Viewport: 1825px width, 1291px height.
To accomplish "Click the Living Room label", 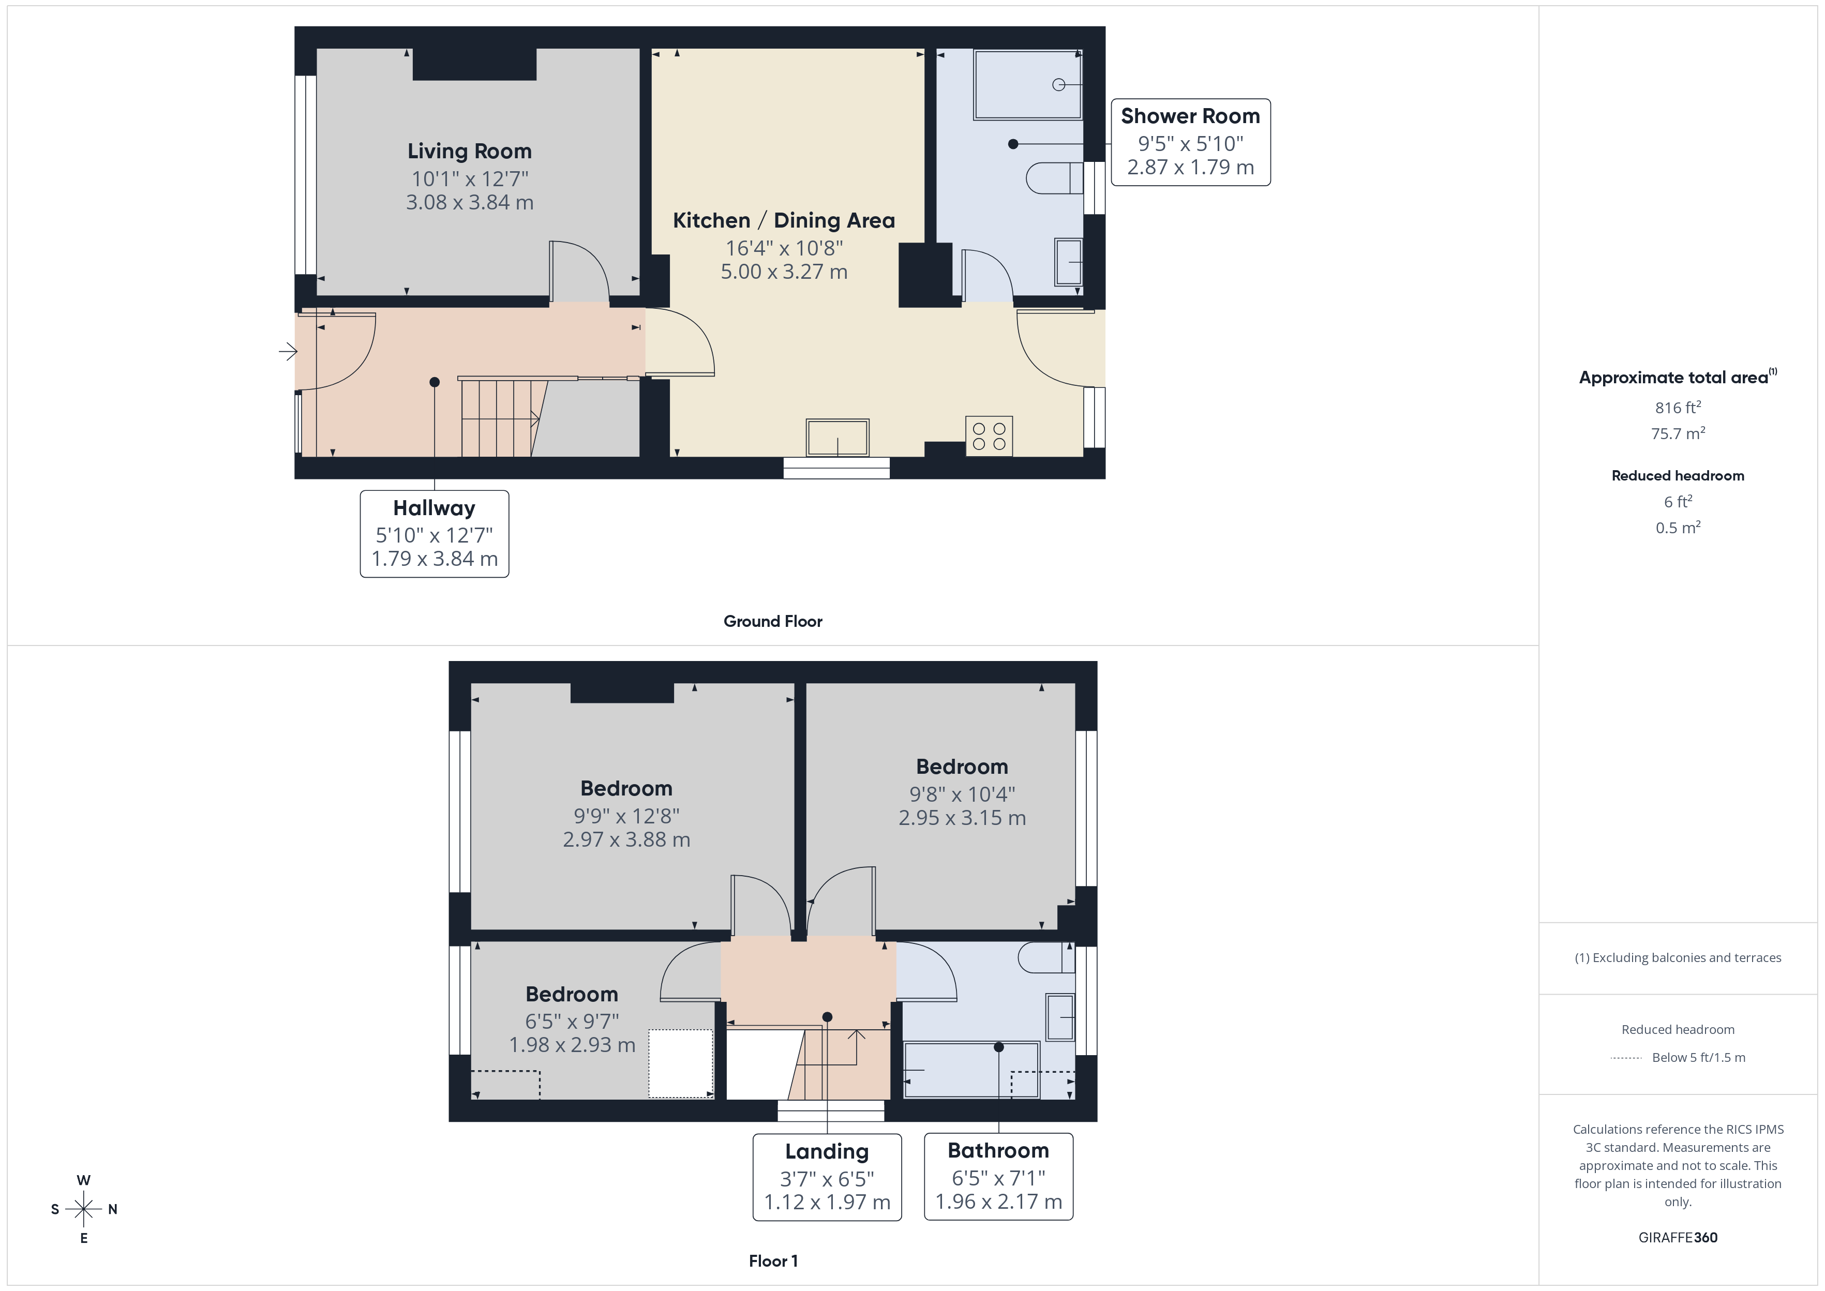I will (x=469, y=151).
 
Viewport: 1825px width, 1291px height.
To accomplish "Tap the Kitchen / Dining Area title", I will (x=784, y=220).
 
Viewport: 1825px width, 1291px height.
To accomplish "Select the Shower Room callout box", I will (x=1190, y=142).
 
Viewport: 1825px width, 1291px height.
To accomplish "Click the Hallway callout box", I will (x=434, y=533).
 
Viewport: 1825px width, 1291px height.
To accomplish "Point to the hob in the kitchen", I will (x=989, y=436).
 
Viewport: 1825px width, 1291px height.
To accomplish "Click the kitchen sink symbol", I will (x=837, y=437).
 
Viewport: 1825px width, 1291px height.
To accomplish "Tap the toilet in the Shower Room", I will (x=1052, y=178).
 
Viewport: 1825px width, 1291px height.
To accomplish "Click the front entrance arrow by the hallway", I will (x=288, y=351).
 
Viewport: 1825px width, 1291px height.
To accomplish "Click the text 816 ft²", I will (x=1677, y=408).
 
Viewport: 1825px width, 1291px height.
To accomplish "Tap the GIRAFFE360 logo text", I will (x=1677, y=1237).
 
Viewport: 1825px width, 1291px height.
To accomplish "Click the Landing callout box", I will (x=827, y=1177).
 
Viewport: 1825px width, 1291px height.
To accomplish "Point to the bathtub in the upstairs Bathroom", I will (x=970, y=1070).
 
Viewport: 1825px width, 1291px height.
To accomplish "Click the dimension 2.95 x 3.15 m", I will (x=962, y=817).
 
